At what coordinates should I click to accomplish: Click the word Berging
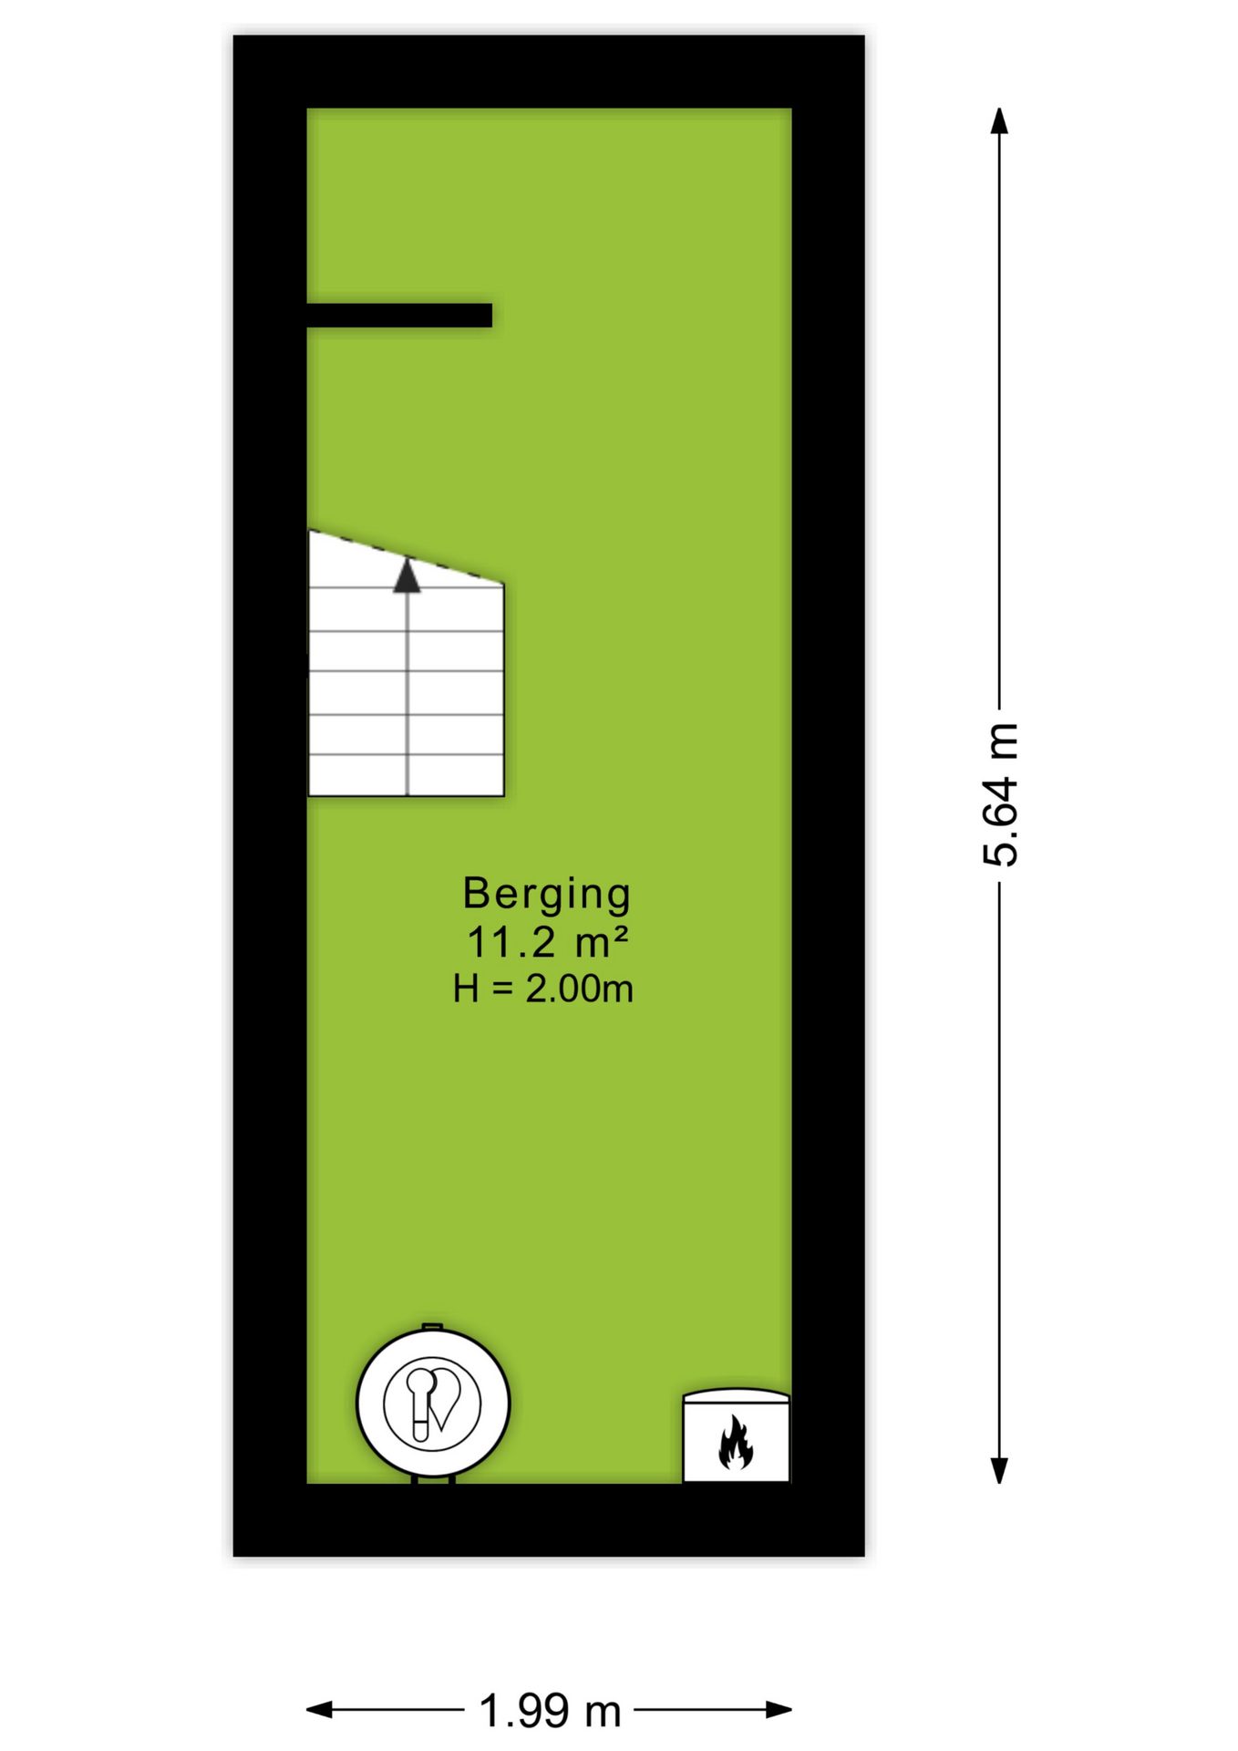(546, 896)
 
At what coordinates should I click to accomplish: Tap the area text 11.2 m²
(547, 943)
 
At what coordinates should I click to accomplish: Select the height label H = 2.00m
(543, 989)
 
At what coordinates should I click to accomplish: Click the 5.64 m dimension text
(1000, 794)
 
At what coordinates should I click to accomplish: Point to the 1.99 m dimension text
(550, 1711)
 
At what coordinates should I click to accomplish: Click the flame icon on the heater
(736, 1443)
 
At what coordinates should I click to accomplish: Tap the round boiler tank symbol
(432, 1404)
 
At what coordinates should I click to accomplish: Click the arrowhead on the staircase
(407, 575)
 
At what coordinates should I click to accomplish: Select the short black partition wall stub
(399, 315)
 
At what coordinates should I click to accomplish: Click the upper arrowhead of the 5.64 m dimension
(1000, 121)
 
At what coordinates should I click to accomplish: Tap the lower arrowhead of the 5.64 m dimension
(1000, 1470)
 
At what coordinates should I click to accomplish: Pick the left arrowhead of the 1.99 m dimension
(320, 1710)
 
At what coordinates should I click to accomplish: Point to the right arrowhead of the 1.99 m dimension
(778, 1710)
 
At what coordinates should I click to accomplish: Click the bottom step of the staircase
(406, 776)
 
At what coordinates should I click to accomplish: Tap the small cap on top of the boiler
(432, 1327)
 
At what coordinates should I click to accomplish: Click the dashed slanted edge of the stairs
(407, 556)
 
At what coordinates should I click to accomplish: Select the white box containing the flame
(737, 1439)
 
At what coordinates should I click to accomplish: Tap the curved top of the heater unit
(737, 1394)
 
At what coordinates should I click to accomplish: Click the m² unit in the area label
(602, 943)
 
